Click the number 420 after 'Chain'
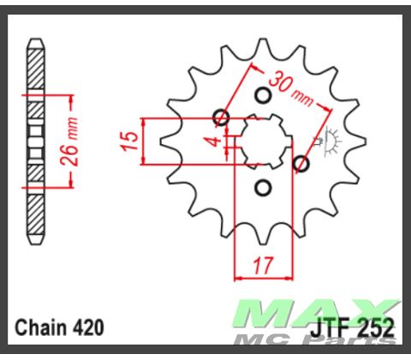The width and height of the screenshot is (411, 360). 90,327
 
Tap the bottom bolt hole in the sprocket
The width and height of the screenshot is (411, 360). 263,188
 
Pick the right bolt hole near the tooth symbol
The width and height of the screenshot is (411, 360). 301,163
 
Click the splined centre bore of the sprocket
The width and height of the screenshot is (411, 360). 263,141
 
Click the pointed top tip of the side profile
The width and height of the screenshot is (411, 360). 35,40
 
